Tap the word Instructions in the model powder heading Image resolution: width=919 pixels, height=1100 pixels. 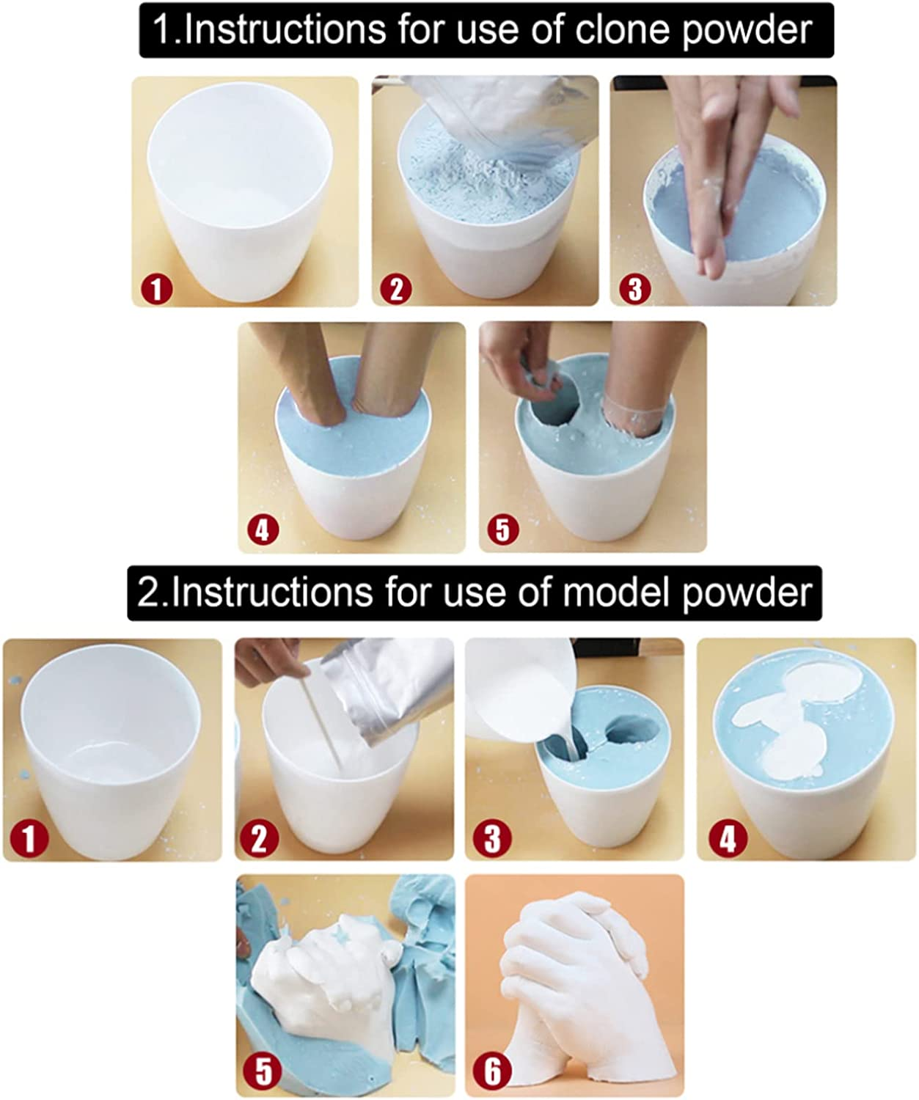click(272, 593)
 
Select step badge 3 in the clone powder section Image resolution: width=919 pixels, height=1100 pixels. click(635, 290)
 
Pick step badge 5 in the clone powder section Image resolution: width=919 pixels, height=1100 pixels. click(503, 530)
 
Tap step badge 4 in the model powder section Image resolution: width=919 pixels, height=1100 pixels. click(728, 839)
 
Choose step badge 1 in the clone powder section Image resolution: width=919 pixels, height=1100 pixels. click(156, 290)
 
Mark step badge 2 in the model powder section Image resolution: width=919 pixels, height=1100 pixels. click(259, 839)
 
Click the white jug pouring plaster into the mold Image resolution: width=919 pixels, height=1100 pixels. click(519, 690)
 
